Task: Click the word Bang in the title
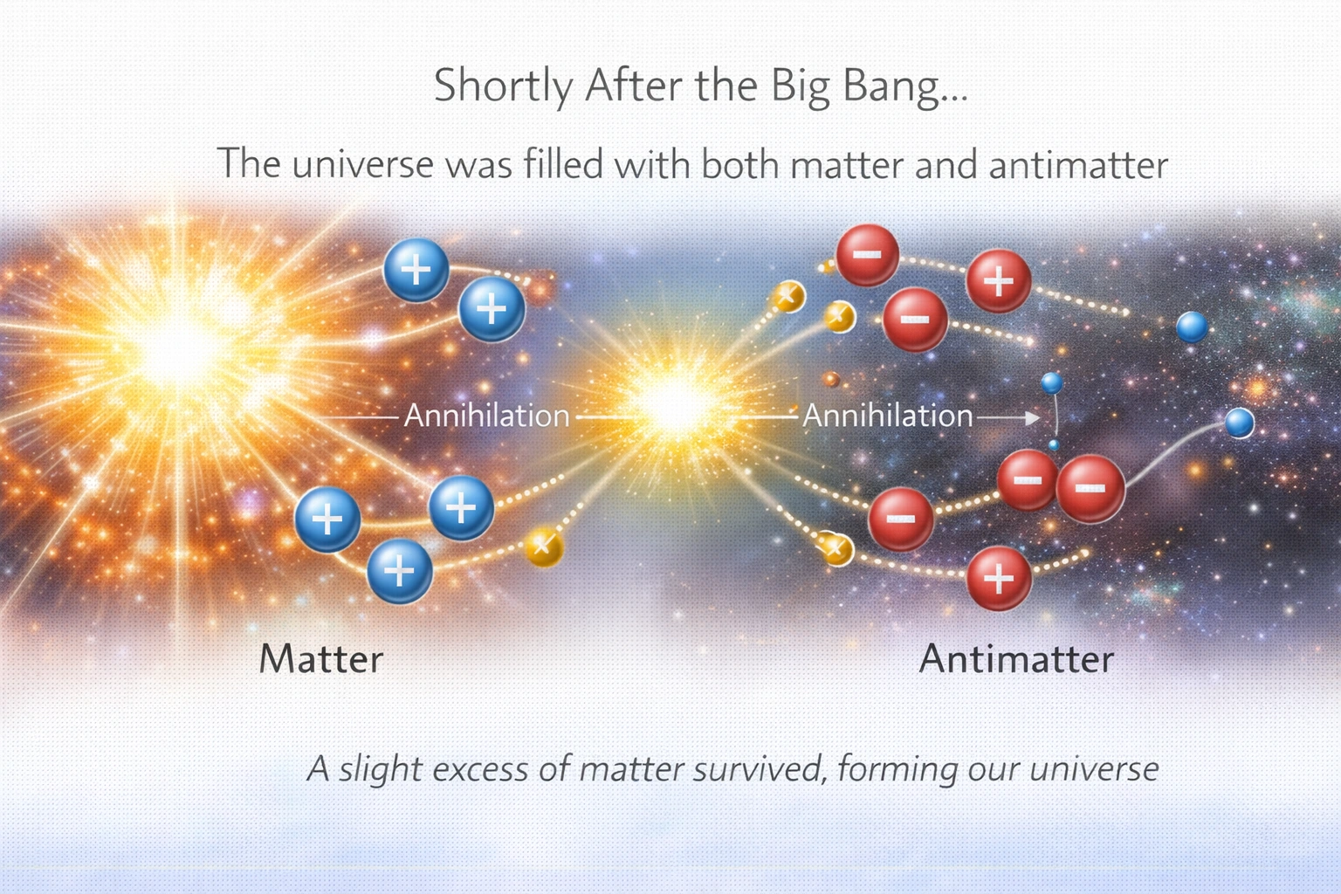point(904,87)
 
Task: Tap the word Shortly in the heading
point(503,87)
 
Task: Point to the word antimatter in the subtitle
point(1077,164)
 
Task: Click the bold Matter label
point(321,659)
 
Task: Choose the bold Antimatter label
point(1016,659)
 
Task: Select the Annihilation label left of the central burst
point(486,416)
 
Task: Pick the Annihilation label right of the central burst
point(887,416)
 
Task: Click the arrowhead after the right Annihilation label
point(1033,418)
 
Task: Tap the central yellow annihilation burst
point(672,403)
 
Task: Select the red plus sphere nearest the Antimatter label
point(999,578)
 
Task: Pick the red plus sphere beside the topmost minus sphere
point(999,281)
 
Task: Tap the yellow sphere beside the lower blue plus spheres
point(542,547)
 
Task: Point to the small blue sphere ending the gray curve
point(1239,423)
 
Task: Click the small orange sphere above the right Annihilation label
point(831,379)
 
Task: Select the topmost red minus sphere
point(867,254)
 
